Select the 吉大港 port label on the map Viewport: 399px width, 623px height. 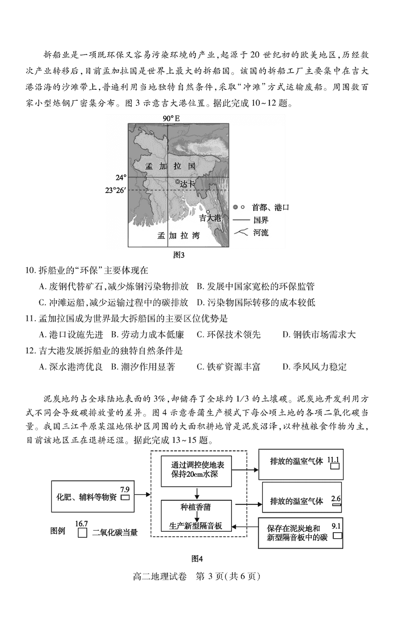tap(209, 217)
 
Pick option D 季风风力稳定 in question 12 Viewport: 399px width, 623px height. tap(314, 367)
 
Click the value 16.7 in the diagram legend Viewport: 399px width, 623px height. tap(81, 523)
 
